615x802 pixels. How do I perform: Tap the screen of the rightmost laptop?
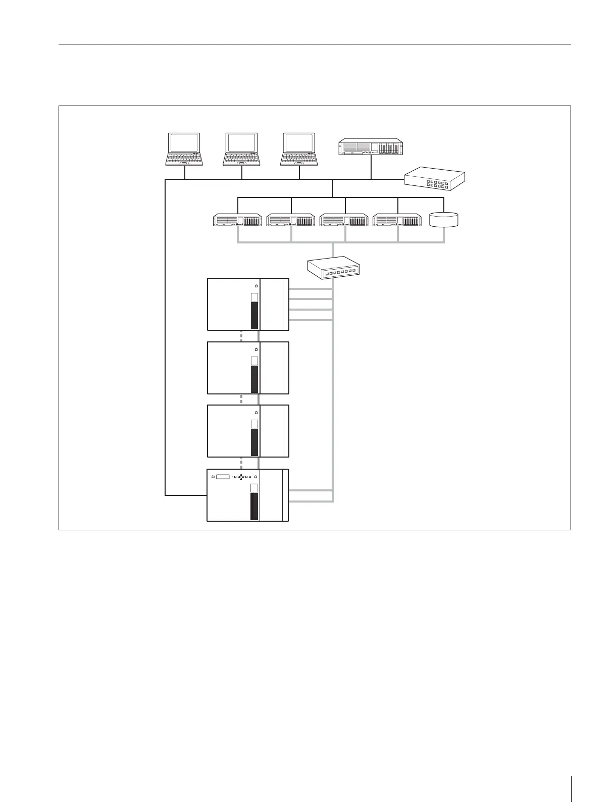click(x=299, y=142)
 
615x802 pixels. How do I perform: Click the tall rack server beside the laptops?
click(x=371, y=147)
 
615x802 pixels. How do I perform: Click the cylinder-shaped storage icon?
click(x=443, y=220)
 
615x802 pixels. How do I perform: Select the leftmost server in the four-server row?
click(x=237, y=221)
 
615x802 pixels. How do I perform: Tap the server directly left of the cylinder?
click(x=397, y=221)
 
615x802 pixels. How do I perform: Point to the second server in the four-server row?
click(x=291, y=221)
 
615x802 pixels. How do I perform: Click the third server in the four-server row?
click(x=344, y=221)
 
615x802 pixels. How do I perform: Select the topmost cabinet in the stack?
click(x=248, y=304)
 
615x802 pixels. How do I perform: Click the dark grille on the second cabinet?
click(x=254, y=379)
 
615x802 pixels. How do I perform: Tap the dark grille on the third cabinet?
click(x=254, y=442)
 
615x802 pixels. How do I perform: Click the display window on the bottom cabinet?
click(x=223, y=477)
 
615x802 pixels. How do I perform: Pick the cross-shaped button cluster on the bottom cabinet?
click(x=241, y=477)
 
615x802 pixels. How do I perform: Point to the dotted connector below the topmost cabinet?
click(x=242, y=336)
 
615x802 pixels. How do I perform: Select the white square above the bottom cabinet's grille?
click(x=254, y=488)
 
